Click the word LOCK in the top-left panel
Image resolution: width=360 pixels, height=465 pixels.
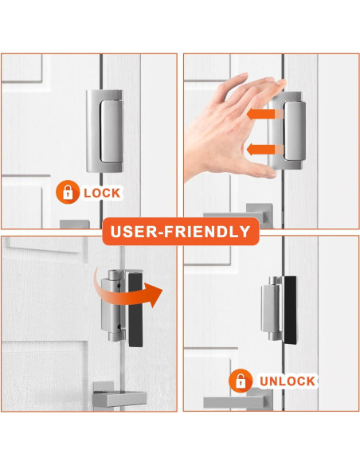coord(102,193)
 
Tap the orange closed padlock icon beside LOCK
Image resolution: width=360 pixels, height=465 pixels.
coord(68,192)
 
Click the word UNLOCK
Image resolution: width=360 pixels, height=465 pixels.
coord(287,381)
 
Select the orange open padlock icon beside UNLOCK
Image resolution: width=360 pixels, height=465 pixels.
coord(241,381)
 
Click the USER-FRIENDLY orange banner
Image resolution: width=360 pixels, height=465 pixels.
coord(181,232)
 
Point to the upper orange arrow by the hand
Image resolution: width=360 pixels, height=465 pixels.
coord(264,114)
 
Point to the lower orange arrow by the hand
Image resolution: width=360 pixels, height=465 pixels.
coord(264,150)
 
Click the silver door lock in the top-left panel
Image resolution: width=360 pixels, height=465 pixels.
coord(104,131)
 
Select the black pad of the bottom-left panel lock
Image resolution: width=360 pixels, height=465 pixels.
coord(135,311)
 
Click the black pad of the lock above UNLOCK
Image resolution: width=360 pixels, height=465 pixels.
coord(290,311)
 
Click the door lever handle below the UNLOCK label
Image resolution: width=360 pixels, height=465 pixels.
coord(238,401)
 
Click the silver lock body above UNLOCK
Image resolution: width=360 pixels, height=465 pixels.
coord(271,308)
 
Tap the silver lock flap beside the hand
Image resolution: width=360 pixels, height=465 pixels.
coord(295,131)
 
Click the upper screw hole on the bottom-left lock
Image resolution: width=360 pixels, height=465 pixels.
coord(119,286)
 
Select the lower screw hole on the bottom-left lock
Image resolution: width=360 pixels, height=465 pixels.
coord(119,327)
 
